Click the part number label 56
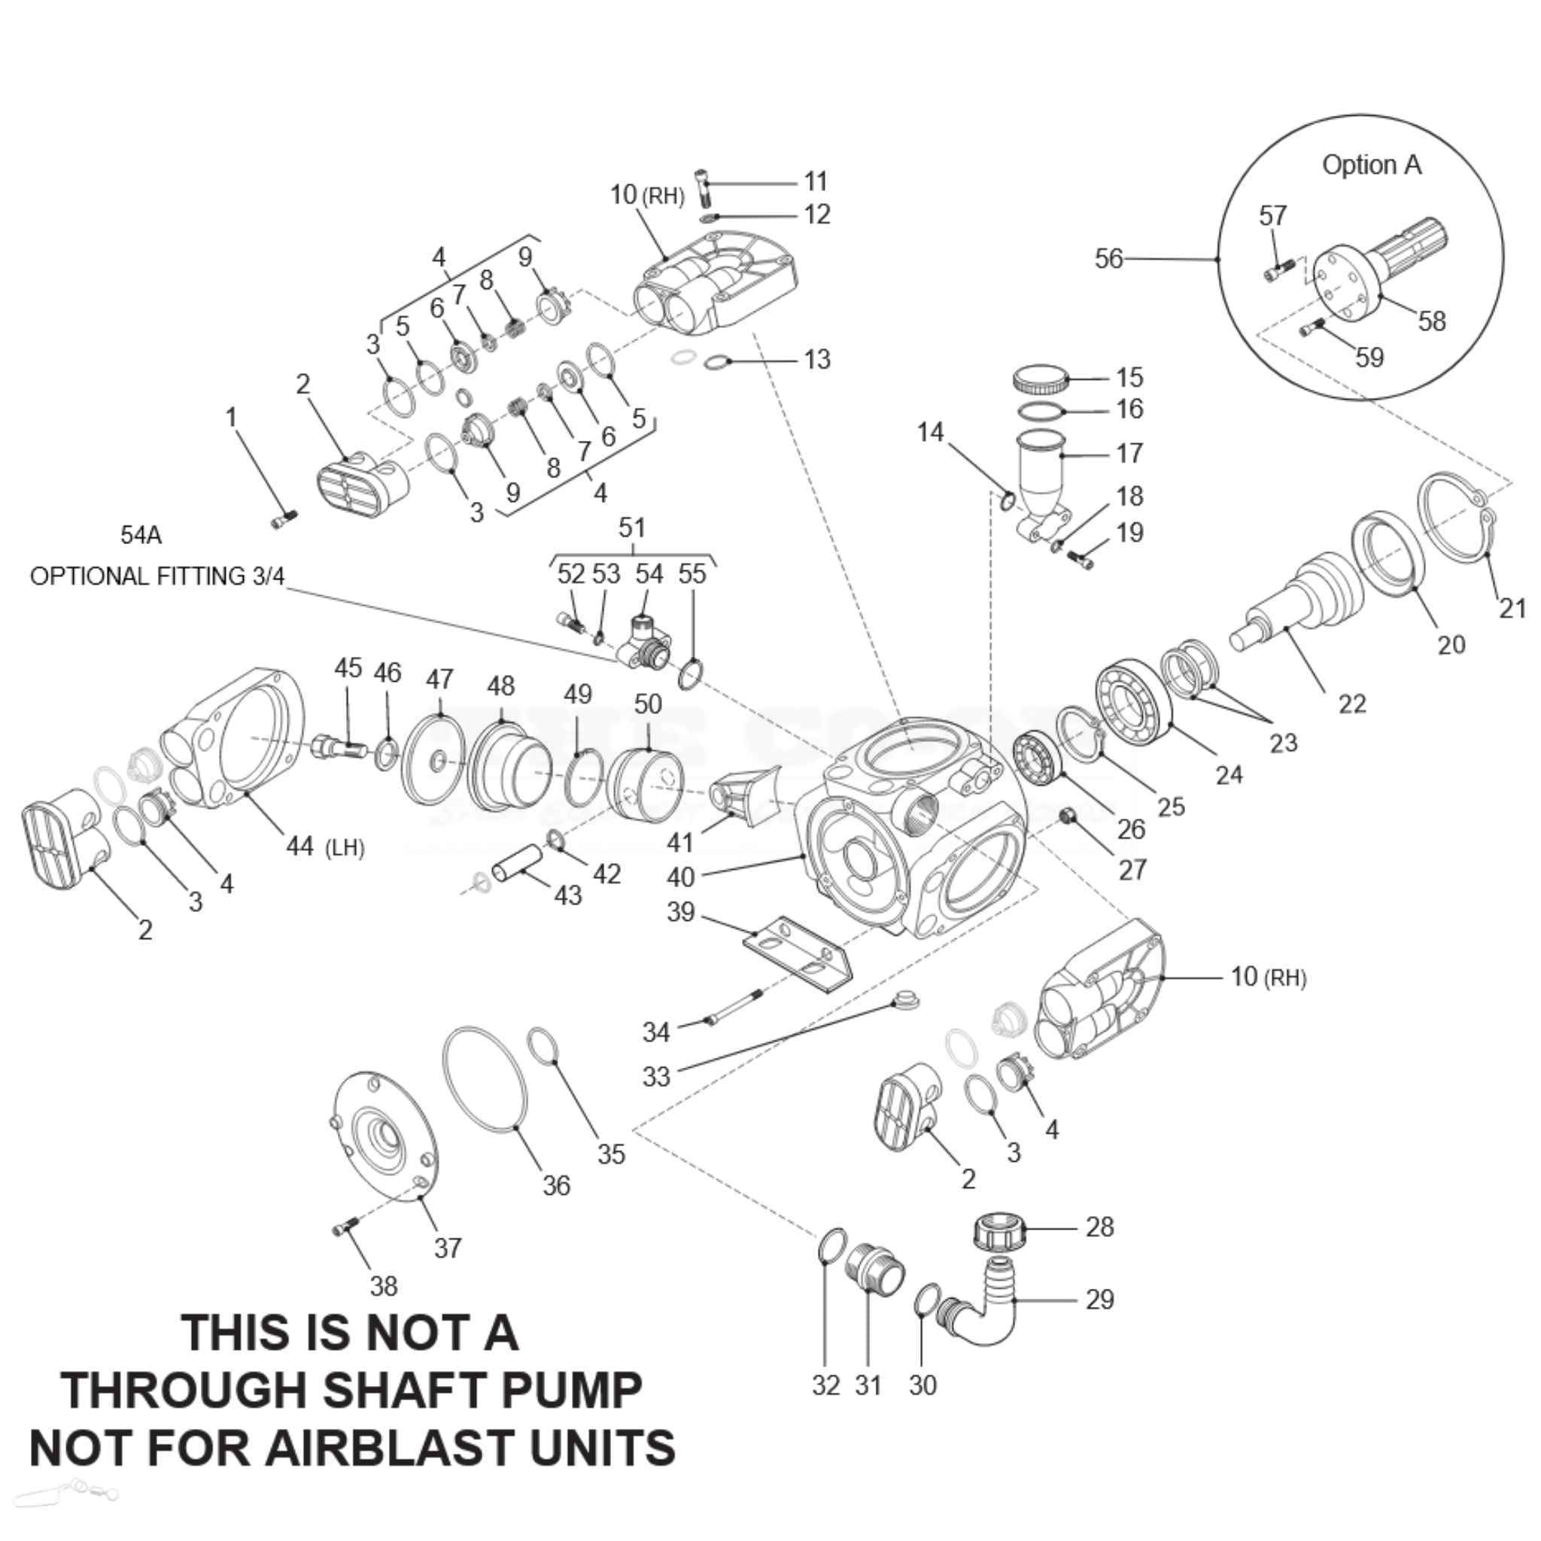click(1108, 258)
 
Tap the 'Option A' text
click(1371, 165)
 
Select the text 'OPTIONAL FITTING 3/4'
click(157, 576)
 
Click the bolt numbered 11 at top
click(701, 187)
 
